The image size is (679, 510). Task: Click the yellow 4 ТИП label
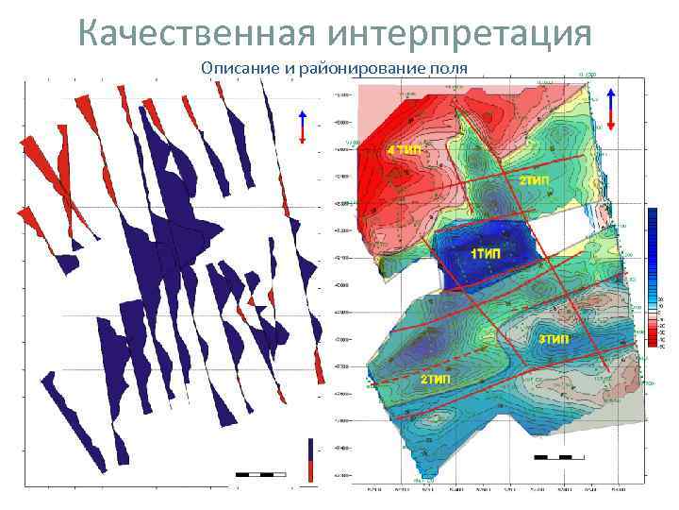pos(404,150)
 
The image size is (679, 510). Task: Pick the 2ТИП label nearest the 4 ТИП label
pos(533,179)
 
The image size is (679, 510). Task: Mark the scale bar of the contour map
pos(553,457)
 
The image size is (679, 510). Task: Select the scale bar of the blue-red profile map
pos(260,472)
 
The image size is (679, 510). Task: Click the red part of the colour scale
pos(654,331)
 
